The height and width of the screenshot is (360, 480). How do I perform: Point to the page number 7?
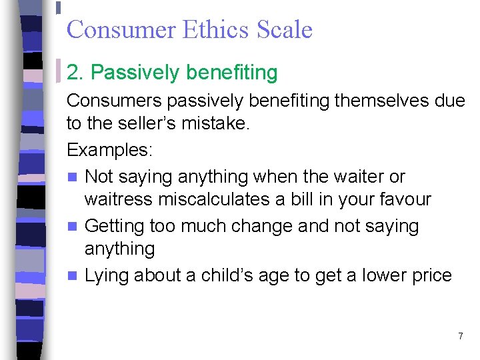(x=460, y=336)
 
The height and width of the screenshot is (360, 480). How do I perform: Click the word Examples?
(x=109, y=149)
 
